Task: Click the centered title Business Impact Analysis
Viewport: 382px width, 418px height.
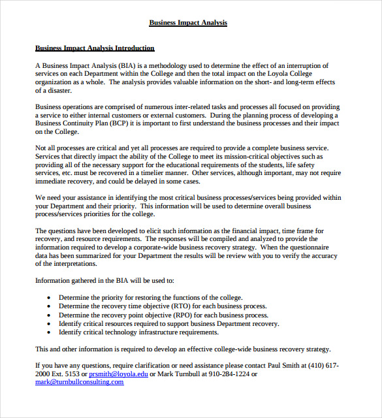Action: tap(188, 22)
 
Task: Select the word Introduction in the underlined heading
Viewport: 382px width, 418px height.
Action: tap(133, 48)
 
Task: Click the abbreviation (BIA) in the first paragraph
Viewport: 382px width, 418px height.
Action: tap(128, 65)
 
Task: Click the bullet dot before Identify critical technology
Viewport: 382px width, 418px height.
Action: tap(50, 332)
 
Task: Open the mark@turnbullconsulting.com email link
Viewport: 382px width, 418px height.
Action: tap(79, 382)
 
